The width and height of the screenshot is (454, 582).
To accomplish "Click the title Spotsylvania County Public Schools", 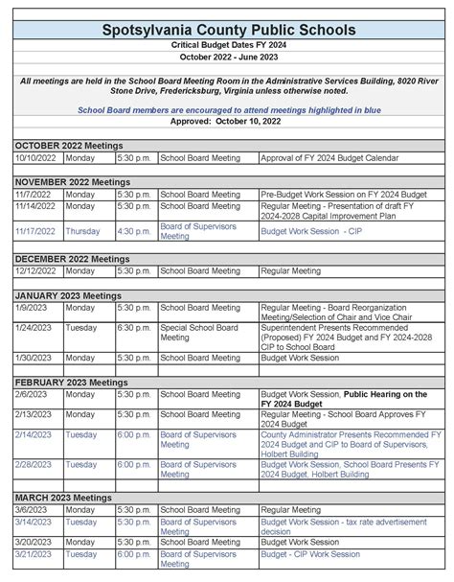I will coord(227,31).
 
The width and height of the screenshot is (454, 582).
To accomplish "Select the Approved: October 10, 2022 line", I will coord(227,123).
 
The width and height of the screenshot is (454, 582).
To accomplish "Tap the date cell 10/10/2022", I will coord(36,157).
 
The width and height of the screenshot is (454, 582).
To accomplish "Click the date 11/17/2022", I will coord(36,231).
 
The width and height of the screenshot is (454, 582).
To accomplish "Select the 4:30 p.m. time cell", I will coord(134,231).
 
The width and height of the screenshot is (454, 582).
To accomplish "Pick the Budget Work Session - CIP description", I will coord(306,231).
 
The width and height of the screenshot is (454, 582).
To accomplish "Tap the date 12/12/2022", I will coord(36,271).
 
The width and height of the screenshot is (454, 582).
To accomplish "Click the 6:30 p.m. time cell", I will coord(134,326).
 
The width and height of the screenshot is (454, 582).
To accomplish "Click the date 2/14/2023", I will coord(34,434).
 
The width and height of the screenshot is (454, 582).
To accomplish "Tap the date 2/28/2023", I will coord(34,464).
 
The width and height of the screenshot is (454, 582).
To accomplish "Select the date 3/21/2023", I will coord(34,554).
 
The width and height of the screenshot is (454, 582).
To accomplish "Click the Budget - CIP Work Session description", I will coord(310,554).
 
